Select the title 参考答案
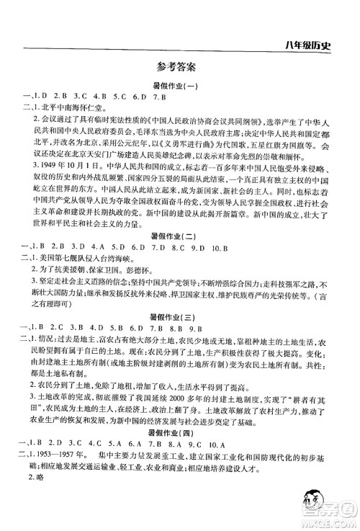[x=180, y=70]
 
